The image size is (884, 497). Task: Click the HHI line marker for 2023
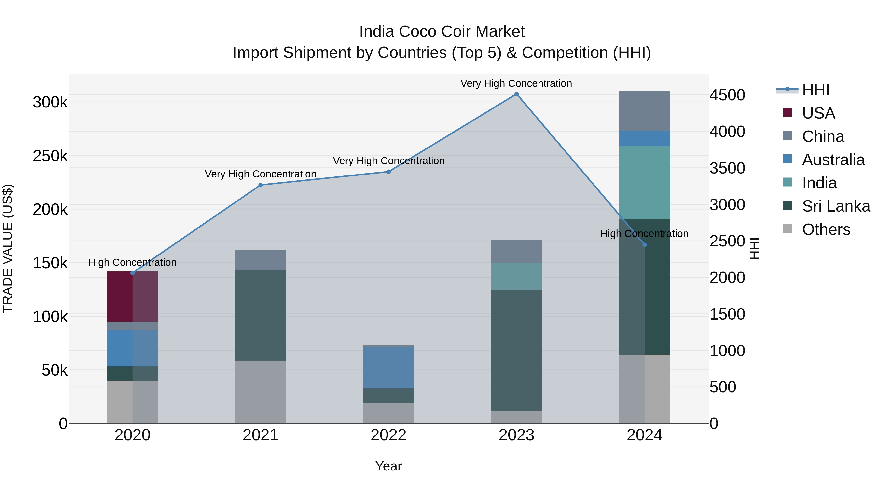click(516, 94)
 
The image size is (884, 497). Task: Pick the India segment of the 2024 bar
click(645, 182)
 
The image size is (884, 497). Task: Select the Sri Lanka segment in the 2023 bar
click(516, 350)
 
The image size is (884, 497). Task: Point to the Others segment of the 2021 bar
click(261, 392)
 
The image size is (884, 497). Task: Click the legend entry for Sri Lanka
click(836, 206)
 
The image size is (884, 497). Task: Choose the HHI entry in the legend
click(815, 90)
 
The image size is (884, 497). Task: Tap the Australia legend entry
click(833, 160)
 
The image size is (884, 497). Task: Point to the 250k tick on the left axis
click(50, 156)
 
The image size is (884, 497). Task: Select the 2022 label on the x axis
click(388, 435)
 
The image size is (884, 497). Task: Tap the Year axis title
click(388, 466)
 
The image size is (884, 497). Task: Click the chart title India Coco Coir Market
click(442, 32)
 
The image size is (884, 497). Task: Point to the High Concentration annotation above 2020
click(132, 262)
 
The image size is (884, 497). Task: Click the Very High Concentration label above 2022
click(388, 161)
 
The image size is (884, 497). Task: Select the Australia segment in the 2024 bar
click(645, 139)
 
